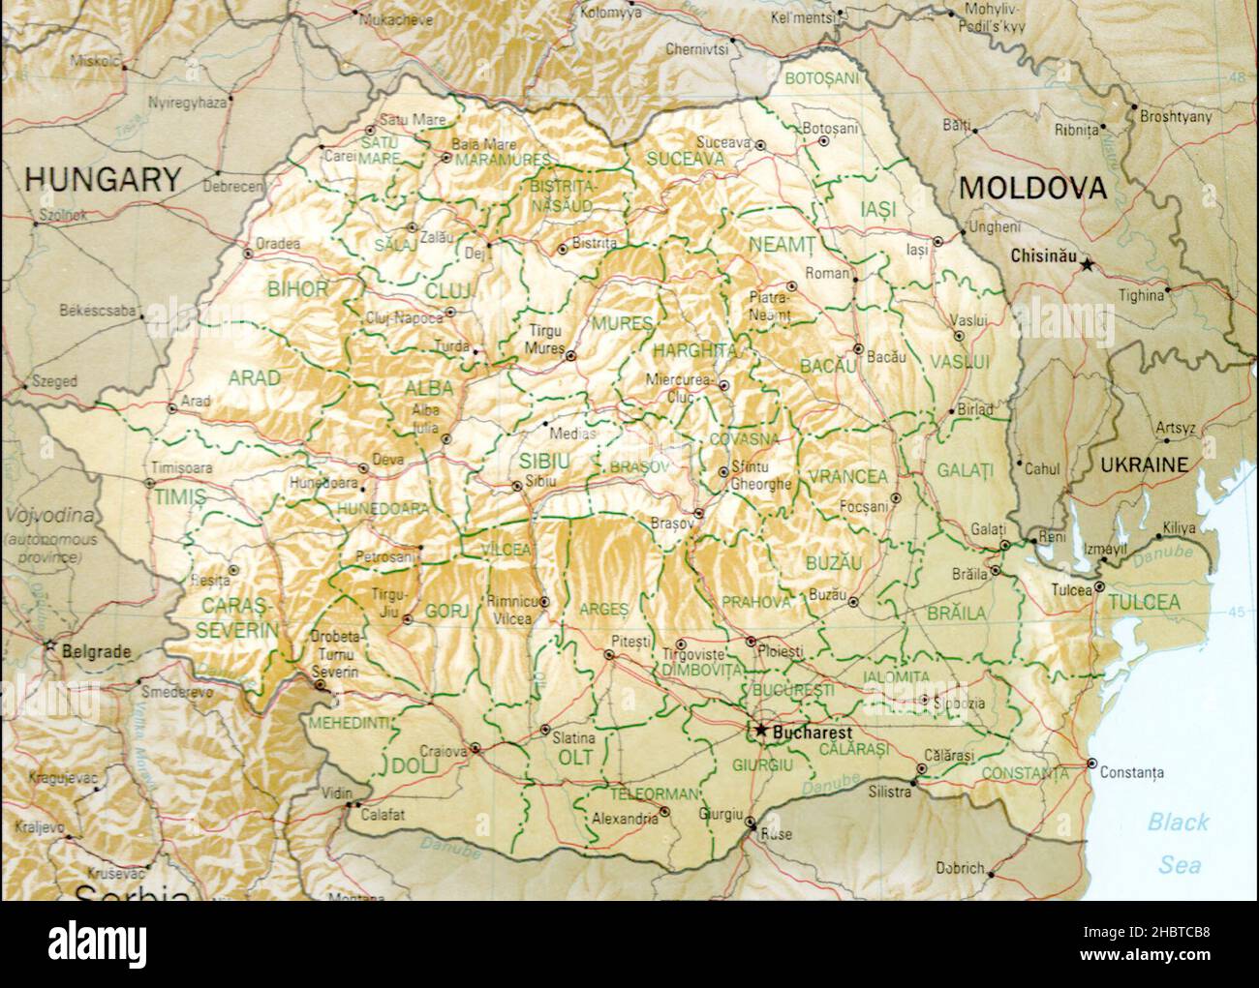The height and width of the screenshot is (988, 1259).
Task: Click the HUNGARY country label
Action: click(102, 179)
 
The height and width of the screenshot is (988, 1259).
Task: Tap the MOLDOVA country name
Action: click(1031, 188)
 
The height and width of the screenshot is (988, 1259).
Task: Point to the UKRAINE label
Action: click(1144, 464)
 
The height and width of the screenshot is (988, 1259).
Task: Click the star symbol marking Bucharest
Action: click(762, 731)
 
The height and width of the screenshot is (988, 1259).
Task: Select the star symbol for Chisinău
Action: click(1088, 263)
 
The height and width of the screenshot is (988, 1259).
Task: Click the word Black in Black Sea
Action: click(1178, 823)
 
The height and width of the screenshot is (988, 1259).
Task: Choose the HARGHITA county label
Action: click(694, 350)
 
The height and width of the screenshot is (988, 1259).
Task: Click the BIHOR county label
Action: click(297, 288)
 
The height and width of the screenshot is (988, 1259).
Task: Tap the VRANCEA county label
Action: click(847, 476)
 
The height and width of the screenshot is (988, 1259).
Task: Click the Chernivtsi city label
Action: click(695, 47)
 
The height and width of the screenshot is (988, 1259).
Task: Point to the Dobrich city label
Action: click(960, 868)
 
